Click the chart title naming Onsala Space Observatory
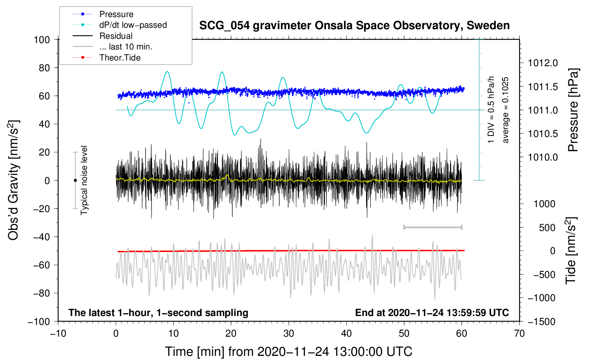pyautogui.click(x=354, y=26)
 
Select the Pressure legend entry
pyautogui.click(x=116, y=14)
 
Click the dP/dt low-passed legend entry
pyautogui.click(x=133, y=25)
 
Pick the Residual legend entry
pyautogui.click(x=116, y=36)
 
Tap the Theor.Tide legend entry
pyautogui.click(x=120, y=58)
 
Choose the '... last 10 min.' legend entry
pyautogui.click(x=126, y=47)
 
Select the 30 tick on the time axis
pyautogui.click(x=289, y=333)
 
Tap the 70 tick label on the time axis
pyautogui.click(x=519, y=333)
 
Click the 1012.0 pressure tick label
pyautogui.click(x=543, y=63)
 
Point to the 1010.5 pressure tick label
pyautogui.click(x=543, y=134)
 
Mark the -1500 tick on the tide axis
pyautogui.click(x=542, y=321)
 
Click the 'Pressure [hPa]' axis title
pyautogui.click(x=573, y=110)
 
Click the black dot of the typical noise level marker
pyautogui.click(x=75, y=180)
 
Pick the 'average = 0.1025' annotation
pyautogui.click(x=506, y=110)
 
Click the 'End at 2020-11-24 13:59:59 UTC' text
pyautogui.click(x=432, y=312)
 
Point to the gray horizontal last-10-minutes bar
pyautogui.click(x=433, y=227)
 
